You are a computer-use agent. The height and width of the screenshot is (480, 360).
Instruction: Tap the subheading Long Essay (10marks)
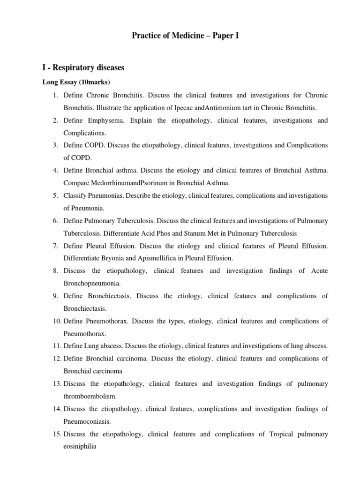coord(76,83)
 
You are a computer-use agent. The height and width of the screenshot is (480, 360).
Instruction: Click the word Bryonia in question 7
coord(115,258)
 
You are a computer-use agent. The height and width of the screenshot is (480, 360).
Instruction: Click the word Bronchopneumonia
coord(92,284)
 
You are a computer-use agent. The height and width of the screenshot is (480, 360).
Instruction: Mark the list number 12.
coord(56,359)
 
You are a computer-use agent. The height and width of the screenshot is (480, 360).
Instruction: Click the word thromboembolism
coord(90,396)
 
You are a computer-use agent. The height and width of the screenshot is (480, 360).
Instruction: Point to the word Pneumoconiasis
coord(87,421)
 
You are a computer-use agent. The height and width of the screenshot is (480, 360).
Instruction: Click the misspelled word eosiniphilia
coord(80,447)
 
